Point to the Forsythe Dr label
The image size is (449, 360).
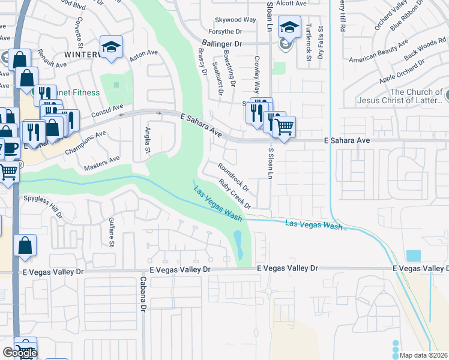point(225,31)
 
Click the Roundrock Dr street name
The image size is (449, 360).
point(234,174)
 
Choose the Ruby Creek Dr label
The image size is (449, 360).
point(235,194)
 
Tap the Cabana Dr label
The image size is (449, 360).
point(143,295)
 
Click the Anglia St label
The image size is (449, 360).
point(147,140)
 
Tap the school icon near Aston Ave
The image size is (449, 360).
point(111,47)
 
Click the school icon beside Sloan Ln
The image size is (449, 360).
point(289,28)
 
